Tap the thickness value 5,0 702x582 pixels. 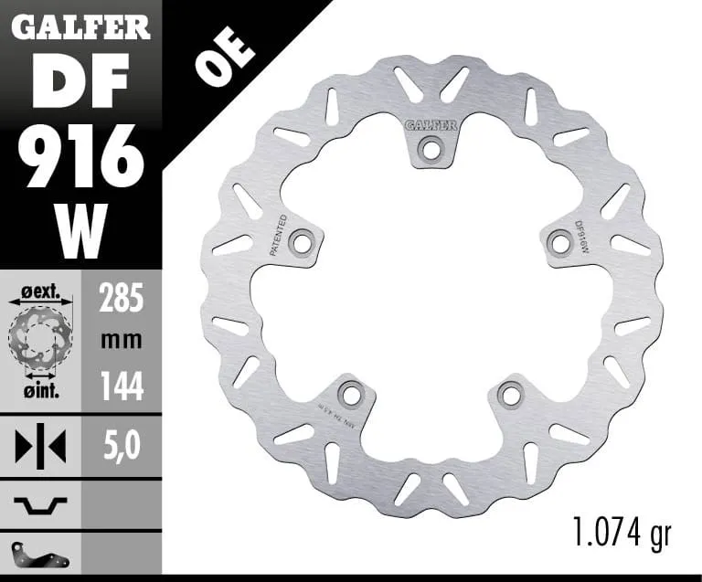122,447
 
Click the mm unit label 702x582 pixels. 122,342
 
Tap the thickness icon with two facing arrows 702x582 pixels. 41,447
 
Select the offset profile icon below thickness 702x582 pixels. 41,502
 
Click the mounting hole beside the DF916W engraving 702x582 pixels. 559,240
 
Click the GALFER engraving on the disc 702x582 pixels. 430,124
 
